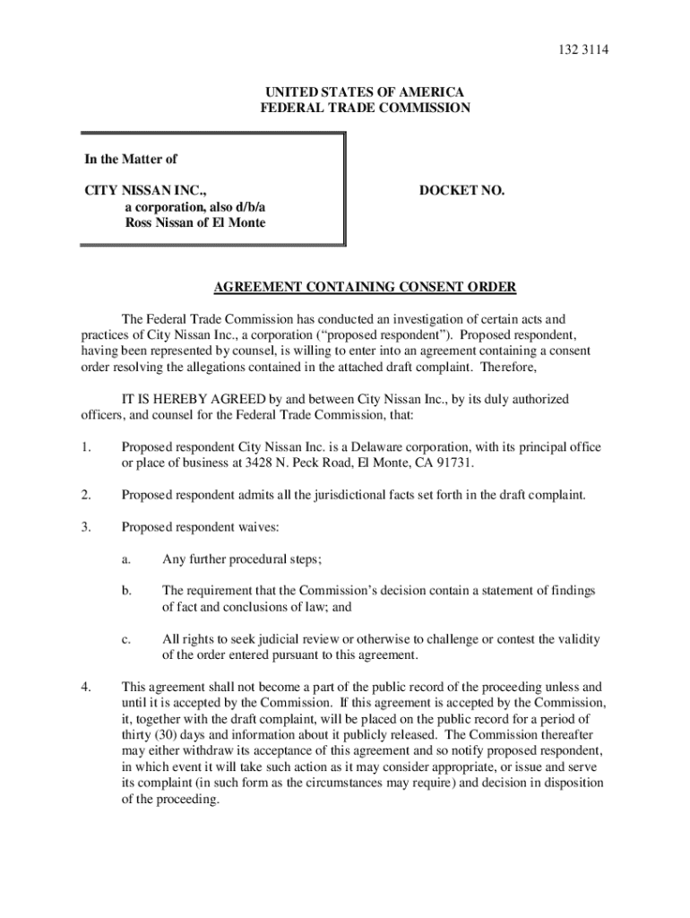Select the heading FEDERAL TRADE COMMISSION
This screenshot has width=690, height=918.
click(x=365, y=108)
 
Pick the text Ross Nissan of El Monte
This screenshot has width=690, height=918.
click(x=194, y=222)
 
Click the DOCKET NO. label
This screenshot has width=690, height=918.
click(x=462, y=191)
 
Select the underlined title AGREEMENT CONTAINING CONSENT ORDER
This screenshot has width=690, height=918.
click(x=365, y=288)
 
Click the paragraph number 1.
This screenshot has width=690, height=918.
click(x=86, y=447)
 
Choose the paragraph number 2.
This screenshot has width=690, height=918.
click(x=86, y=495)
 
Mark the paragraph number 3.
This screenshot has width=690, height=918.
click(x=86, y=527)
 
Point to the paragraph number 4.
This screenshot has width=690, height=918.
click(x=86, y=688)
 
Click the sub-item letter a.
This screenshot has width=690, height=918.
click(x=127, y=559)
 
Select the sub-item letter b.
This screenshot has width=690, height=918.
click(x=127, y=591)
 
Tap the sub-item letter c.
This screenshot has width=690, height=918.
click(x=127, y=639)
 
